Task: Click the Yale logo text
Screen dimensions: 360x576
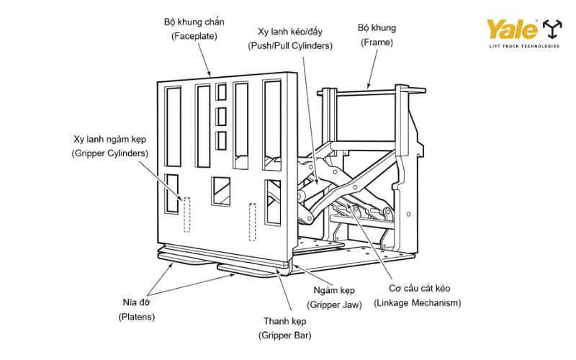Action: [512, 30]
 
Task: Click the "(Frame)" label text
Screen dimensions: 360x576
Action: [377, 42]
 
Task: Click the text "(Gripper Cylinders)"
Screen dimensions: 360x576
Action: [110, 153]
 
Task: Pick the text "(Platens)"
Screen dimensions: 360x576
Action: [136, 316]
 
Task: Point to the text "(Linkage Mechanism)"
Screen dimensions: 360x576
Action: [417, 303]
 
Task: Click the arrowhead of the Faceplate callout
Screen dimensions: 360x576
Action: [210, 75]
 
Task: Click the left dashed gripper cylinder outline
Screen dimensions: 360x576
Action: [185, 214]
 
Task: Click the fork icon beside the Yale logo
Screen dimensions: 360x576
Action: [552, 30]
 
